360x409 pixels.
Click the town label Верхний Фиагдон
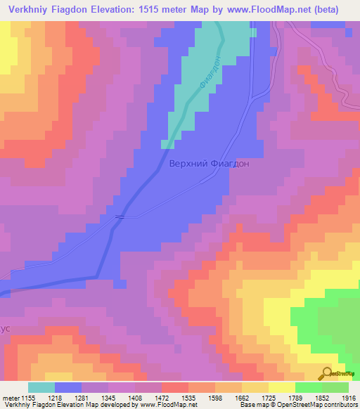pos(209,163)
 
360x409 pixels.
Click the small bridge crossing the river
pos(121,216)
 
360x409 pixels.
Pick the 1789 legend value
pos(310,398)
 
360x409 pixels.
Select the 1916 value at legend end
pos(348,398)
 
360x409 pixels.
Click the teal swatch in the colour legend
pos(41,387)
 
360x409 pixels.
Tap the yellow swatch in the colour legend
pos(282,387)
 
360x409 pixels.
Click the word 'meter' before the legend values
pos(11,398)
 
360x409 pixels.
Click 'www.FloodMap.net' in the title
pos(267,10)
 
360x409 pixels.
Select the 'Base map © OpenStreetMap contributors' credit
pos(298,405)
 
